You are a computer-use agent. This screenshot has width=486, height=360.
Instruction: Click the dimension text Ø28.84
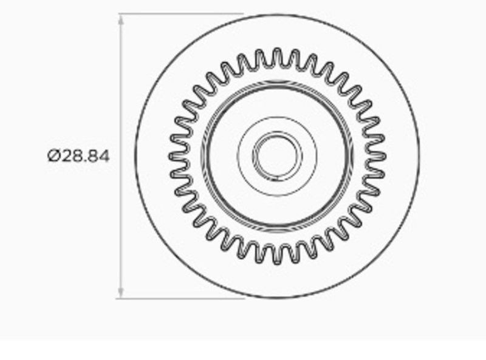(x=78, y=156)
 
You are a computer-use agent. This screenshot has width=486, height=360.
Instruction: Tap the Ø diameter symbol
(x=53, y=156)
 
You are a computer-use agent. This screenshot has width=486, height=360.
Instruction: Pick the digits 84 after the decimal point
(x=99, y=156)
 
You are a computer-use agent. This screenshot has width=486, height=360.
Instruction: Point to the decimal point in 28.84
(x=85, y=161)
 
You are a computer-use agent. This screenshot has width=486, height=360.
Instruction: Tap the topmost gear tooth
(x=277, y=53)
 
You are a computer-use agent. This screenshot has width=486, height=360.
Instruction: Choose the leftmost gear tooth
(x=174, y=156)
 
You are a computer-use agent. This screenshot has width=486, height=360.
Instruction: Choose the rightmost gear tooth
(x=380, y=156)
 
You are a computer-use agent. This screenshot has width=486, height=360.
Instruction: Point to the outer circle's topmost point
(x=277, y=14)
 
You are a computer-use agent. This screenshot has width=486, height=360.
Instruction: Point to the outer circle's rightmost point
(x=419, y=156)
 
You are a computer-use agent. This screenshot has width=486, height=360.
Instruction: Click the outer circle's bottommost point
(x=277, y=297)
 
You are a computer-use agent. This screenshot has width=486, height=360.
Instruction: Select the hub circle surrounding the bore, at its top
(x=277, y=116)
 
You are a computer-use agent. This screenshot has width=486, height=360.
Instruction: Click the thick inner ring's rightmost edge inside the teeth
(x=351, y=156)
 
